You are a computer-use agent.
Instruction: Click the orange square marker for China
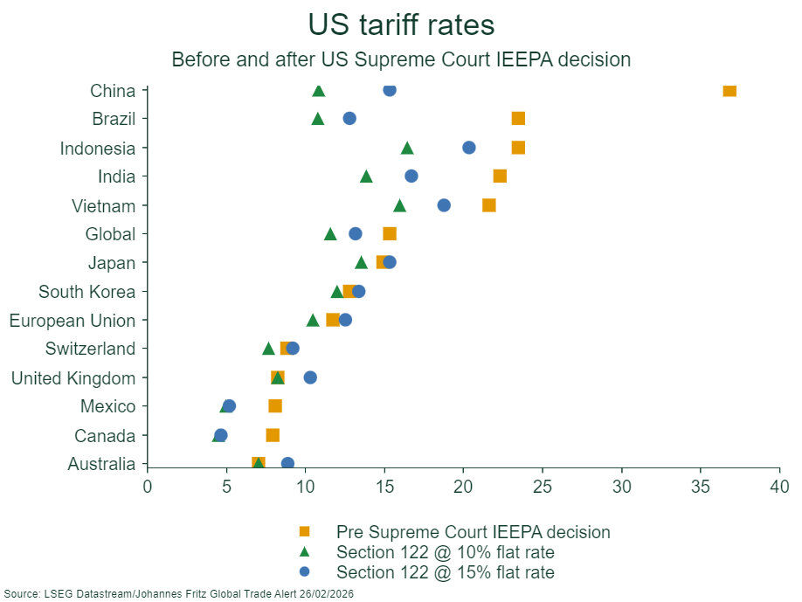(x=729, y=91)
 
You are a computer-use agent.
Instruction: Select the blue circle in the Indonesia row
(x=468, y=148)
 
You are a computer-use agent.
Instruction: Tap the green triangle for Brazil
(x=318, y=119)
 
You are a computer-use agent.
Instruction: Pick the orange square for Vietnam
(x=489, y=205)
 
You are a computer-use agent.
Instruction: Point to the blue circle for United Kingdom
(x=310, y=377)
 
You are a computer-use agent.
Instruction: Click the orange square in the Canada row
(x=273, y=435)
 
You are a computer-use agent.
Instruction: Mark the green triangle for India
(x=366, y=176)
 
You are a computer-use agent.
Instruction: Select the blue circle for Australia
(x=287, y=463)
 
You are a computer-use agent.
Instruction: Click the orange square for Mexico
(x=275, y=406)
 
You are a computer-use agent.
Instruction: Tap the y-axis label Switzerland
(x=91, y=349)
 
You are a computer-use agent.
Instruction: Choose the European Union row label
(x=73, y=321)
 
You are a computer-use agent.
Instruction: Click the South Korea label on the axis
(x=87, y=292)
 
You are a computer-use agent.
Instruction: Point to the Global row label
(x=110, y=234)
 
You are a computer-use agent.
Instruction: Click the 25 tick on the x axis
(x=543, y=486)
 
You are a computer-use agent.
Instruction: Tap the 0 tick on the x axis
(x=147, y=486)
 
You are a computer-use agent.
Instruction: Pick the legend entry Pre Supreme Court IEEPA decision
(x=473, y=531)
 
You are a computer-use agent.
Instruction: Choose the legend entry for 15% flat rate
(x=446, y=572)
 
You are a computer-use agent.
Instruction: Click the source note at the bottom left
(x=178, y=593)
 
